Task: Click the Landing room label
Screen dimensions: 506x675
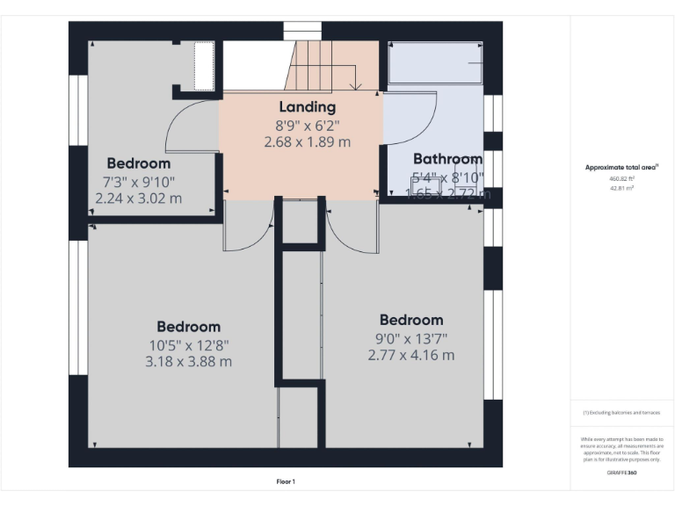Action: (307, 107)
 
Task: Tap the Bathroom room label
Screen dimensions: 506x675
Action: (447, 159)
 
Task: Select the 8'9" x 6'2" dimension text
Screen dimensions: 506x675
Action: (307, 125)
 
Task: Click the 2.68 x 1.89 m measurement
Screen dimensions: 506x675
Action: (307, 141)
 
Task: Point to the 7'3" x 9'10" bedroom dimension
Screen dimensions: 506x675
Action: (138, 181)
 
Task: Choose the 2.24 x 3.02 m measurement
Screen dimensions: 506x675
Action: (138, 198)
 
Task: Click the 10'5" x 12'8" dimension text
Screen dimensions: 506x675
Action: (189, 344)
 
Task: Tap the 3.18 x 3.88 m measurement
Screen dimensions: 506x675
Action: (189, 361)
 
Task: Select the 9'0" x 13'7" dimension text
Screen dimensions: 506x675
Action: (410, 338)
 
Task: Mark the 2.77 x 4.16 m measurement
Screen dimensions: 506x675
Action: (410, 355)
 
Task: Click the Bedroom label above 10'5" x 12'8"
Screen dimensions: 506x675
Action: (189, 327)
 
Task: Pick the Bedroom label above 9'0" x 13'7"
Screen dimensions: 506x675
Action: (410, 320)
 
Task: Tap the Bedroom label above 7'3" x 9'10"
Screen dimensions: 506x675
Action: (138, 163)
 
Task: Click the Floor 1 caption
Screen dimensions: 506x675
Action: (285, 481)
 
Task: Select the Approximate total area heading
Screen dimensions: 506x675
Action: (621, 167)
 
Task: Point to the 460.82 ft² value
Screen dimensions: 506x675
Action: (621, 178)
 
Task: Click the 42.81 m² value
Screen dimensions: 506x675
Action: (621, 187)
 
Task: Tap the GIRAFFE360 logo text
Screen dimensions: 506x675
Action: (621, 473)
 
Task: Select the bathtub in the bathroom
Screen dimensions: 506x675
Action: (435, 63)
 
